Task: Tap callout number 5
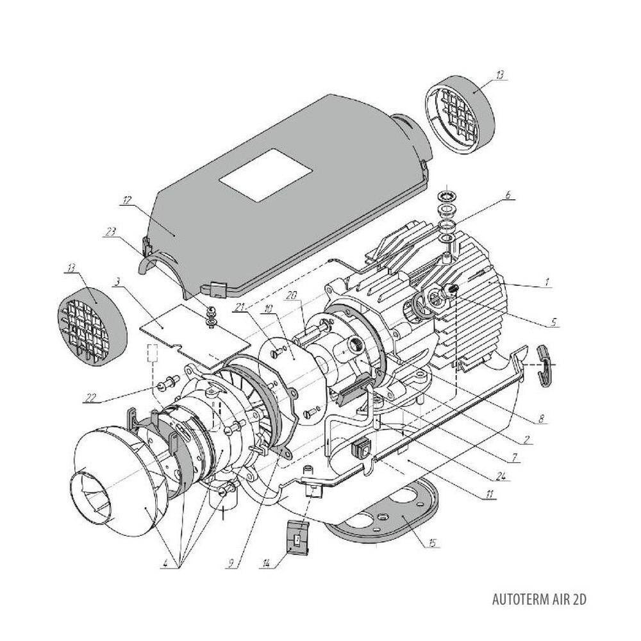tap(552, 322)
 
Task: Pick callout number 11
tap(490, 495)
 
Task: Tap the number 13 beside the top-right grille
tap(499, 75)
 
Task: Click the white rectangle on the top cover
tap(265, 174)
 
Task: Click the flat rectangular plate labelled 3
tap(186, 327)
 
